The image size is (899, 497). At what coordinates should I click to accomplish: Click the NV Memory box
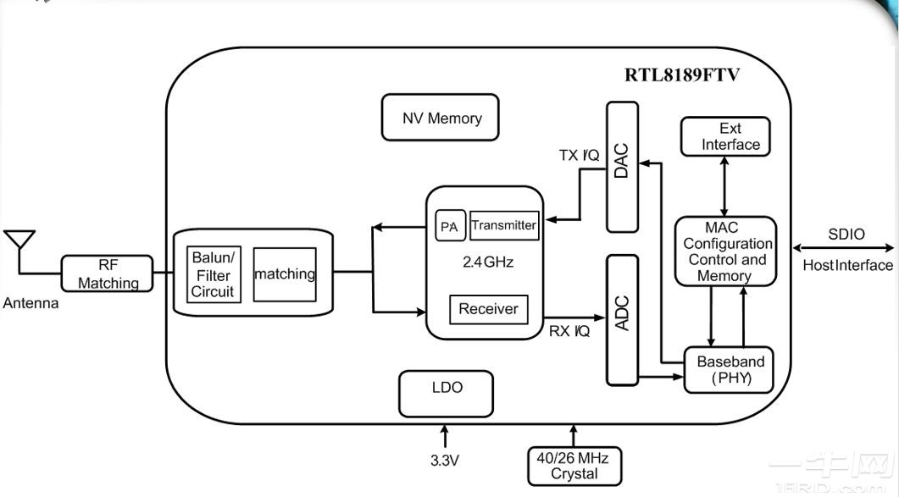pos(441,118)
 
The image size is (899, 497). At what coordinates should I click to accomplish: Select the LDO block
pos(446,394)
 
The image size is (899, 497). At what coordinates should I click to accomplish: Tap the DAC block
pos(622,167)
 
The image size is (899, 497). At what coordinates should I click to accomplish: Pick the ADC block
pos(622,320)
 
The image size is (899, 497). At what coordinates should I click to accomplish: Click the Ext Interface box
pos(725,136)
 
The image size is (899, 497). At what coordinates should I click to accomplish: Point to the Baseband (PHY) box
pos(729,370)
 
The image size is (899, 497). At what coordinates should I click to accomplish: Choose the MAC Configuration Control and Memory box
pos(726,251)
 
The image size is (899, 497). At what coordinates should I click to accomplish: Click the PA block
pos(450,226)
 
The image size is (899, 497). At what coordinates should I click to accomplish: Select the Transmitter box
pos(504,225)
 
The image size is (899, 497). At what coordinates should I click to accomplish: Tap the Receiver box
pos(489,309)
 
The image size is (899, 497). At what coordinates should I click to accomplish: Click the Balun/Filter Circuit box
pos(214,274)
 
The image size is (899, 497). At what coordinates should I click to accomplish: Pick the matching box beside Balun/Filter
pos(285,274)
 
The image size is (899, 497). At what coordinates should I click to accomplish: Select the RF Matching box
pos(108,273)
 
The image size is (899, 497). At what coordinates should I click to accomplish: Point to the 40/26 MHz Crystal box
pos(574,466)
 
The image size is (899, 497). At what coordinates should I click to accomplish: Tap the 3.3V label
pos(445,461)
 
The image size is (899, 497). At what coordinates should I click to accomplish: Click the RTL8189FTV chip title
pos(682,75)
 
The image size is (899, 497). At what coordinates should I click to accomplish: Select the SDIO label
pos(846,234)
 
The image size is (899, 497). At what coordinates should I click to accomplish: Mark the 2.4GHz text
pos(488,262)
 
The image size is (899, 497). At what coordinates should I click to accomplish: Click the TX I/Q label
pos(579,155)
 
